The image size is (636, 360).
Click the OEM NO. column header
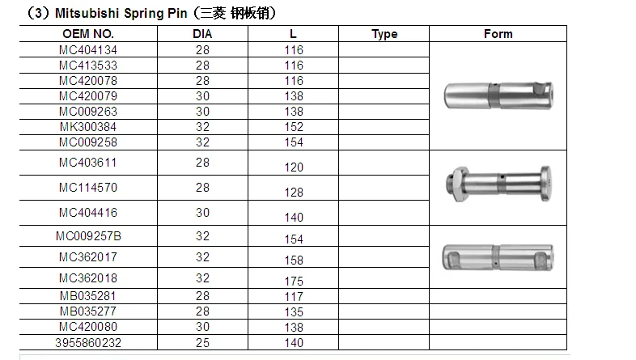pos(88,34)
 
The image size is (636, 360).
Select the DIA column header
pos(202,34)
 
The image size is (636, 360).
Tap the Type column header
pos(384,34)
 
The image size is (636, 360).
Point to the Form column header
pos(498,34)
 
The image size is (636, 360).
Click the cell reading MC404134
pos(88,50)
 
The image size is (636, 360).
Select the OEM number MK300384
pos(88,127)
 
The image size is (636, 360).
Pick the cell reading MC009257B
pos(88,236)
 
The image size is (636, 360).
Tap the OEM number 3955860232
pos(88,343)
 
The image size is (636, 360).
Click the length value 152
pos(294,127)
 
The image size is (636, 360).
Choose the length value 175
pos(294,281)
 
